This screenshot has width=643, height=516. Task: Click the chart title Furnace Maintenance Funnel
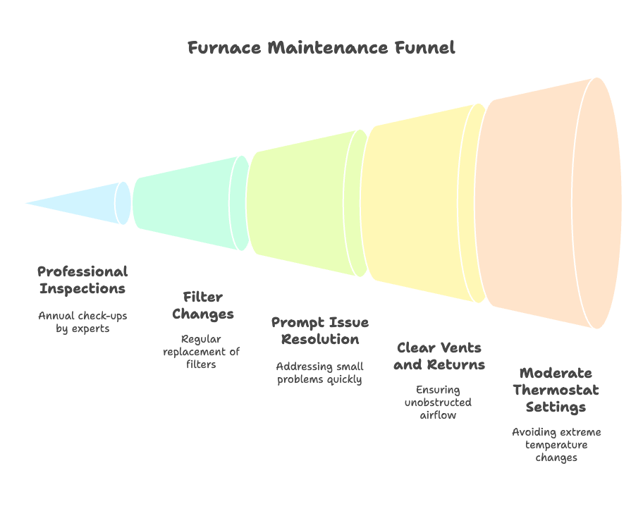coord(321,48)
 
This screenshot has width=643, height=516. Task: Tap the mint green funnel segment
coord(187,202)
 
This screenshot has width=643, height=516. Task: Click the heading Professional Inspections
coord(82,280)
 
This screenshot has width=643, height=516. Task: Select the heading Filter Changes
coord(202,305)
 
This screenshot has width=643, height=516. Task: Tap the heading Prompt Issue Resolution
coord(319,331)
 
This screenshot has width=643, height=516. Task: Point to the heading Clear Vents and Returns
coord(439,356)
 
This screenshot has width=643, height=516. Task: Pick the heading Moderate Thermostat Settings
coord(556,390)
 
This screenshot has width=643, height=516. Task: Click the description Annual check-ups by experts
coord(82,322)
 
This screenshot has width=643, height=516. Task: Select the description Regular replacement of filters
coord(202,352)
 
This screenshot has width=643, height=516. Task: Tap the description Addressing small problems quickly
coord(319,373)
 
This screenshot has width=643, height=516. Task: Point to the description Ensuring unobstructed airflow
coord(438,403)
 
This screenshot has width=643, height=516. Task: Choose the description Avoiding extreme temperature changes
coord(556,445)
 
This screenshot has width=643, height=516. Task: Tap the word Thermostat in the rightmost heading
coord(556,390)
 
